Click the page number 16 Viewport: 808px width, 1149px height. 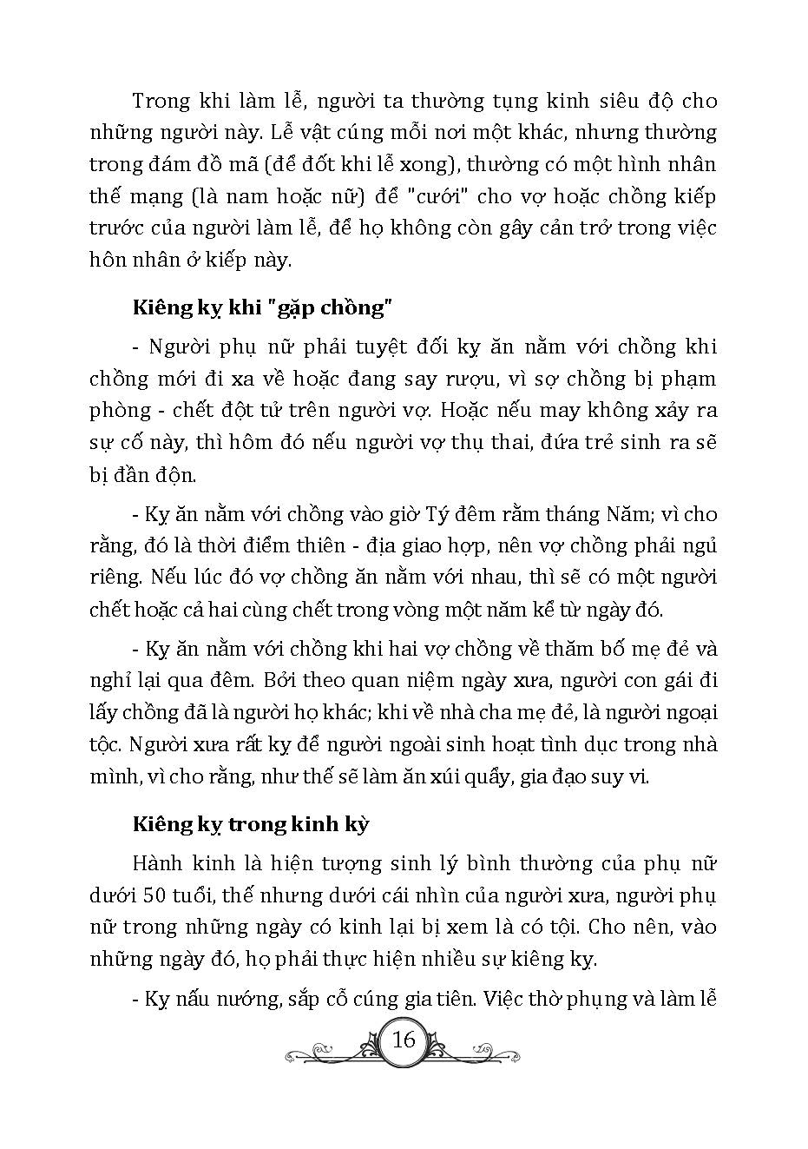(x=404, y=1040)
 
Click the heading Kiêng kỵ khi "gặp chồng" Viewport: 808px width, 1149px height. (x=258, y=308)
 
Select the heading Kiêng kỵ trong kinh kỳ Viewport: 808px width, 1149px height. (x=251, y=823)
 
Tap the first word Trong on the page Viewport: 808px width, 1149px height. (x=161, y=101)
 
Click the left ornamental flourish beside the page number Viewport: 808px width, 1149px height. (x=330, y=1052)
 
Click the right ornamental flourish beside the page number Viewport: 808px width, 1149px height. (x=478, y=1052)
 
